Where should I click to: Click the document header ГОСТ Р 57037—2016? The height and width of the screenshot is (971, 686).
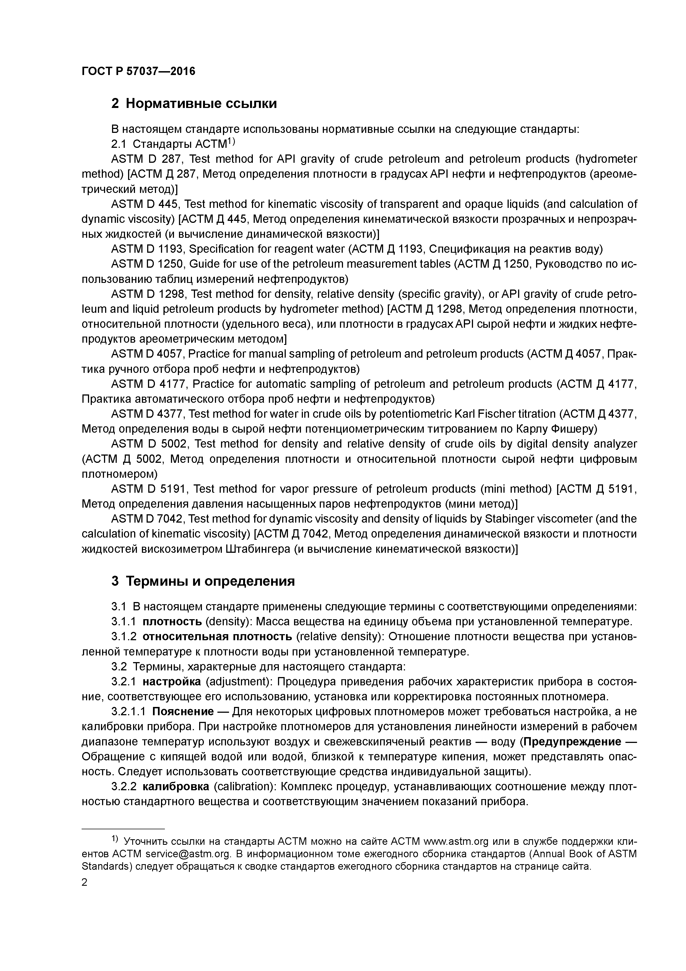tap(138, 71)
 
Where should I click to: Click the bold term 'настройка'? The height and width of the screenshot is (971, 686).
tap(171, 682)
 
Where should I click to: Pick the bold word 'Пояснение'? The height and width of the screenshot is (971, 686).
tap(183, 711)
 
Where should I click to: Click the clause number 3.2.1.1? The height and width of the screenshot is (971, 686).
tap(129, 711)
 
